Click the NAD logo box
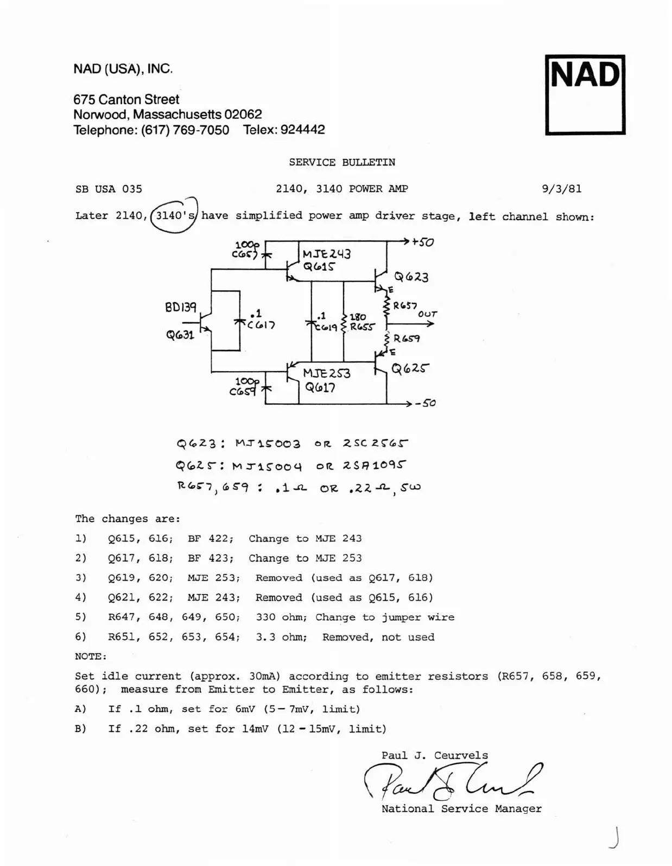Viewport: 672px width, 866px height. pos(585,94)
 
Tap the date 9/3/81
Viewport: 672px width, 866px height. pos(561,189)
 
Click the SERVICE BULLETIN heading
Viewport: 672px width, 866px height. pos(342,162)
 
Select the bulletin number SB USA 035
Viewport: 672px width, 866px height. pos(109,189)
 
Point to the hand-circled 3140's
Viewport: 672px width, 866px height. pos(174,215)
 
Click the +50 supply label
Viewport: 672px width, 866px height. pos(423,242)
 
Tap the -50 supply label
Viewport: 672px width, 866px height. pos(426,403)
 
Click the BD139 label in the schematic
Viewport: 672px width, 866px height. pos(181,308)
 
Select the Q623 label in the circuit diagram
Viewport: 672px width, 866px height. pos(411,277)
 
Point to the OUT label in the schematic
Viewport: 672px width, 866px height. pos(427,314)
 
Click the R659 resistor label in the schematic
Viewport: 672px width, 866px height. pos(406,339)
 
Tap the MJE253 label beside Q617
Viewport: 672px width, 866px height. pos(326,373)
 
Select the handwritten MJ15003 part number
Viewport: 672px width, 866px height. pos(268,444)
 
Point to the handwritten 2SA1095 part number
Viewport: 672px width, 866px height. pos(375,466)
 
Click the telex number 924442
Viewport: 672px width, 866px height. pos(302,130)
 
